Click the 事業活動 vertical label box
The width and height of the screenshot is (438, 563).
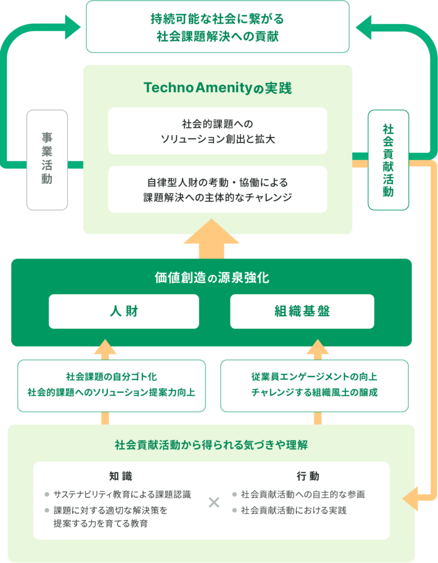(47, 160)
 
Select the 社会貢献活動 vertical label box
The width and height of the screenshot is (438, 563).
(388, 160)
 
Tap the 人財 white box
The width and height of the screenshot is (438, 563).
(124, 311)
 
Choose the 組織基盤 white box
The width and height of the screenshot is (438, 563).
(302, 311)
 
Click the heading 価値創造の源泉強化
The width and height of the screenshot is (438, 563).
(211, 278)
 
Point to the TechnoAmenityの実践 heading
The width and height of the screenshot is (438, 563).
(217, 88)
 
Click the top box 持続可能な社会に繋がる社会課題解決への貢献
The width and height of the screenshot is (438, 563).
(218, 26)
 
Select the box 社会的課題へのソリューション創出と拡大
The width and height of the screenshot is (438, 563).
(218, 131)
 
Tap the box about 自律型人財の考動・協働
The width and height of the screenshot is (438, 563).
(218, 189)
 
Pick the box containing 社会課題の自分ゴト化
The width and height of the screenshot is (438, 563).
(112, 385)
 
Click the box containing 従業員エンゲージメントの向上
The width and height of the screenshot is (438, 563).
(314, 385)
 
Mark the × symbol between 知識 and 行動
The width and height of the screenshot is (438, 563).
(214, 502)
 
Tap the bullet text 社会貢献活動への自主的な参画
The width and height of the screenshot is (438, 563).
(303, 494)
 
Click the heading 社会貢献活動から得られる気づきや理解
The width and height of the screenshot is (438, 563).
(211, 445)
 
